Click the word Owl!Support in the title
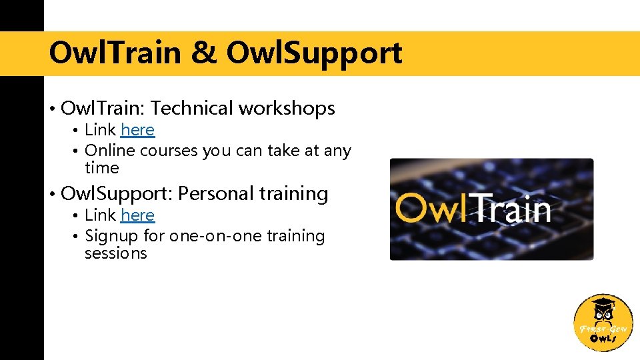click(314, 53)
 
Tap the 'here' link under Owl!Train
click(137, 130)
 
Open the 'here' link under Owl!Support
click(137, 215)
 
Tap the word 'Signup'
click(111, 236)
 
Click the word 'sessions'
click(115, 253)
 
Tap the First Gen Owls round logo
click(603, 323)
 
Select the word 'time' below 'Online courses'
click(101, 168)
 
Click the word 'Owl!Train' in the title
click(115, 53)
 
